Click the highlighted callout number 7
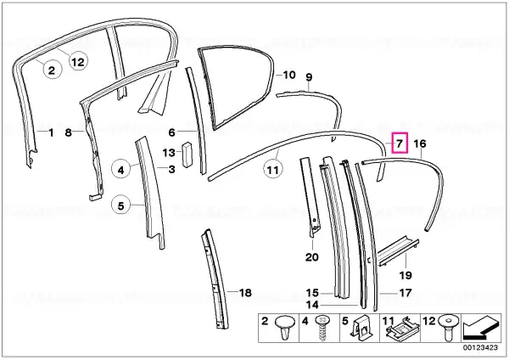[x=400, y=143]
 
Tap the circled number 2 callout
[x=52, y=70]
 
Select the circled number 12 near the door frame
[x=78, y=61]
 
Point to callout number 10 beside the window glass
[x=289, y=75]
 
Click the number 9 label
[x=309, y=77]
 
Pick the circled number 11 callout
[x=272, y=170]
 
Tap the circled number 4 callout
[x=120, y=170]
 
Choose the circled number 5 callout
[x=120, y=205]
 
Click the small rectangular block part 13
[x=187, y=155]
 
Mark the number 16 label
[x=419, y=143]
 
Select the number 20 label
[x=312, y=257]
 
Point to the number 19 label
[x=406, y=275]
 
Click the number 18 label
[x=245, y=292]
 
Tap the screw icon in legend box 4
[x=322, y=328]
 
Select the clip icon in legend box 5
[x=361, y=327]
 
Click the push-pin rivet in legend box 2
[x=285, y=327]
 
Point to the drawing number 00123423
[x=480, y=347]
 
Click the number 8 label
[x=68, y=132]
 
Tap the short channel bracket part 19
[x=398, y=251]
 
